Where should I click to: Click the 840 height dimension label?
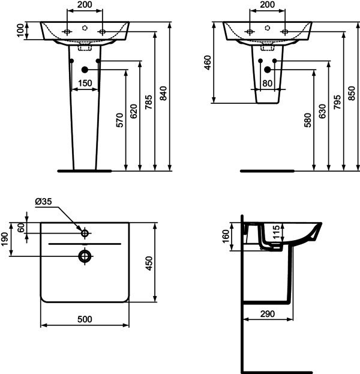coord(163,93)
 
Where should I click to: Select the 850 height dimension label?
coord(352,93)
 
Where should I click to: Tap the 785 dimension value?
coord(149,102)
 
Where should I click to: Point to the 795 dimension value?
coord(337,102)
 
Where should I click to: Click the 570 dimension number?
coord(119,120)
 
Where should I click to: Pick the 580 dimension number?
coord(308,120)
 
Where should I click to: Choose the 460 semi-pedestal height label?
coord(208,62)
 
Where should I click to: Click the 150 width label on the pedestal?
coord(85,83)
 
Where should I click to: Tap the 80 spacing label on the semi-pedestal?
coord(267,83)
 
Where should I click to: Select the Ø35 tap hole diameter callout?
coord(43,202)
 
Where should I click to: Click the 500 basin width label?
coord(85,319)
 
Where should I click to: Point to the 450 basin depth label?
coord(149,263)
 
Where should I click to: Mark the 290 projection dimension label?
coord(267,314)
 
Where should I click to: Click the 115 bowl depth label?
coord(276,232)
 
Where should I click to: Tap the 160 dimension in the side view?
coord(226,236)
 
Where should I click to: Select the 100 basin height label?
coord(20,30)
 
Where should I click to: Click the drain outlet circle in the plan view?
coord(85,256)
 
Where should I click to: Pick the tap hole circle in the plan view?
coord(85,233)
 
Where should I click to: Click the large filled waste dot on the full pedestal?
coord(85,70)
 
